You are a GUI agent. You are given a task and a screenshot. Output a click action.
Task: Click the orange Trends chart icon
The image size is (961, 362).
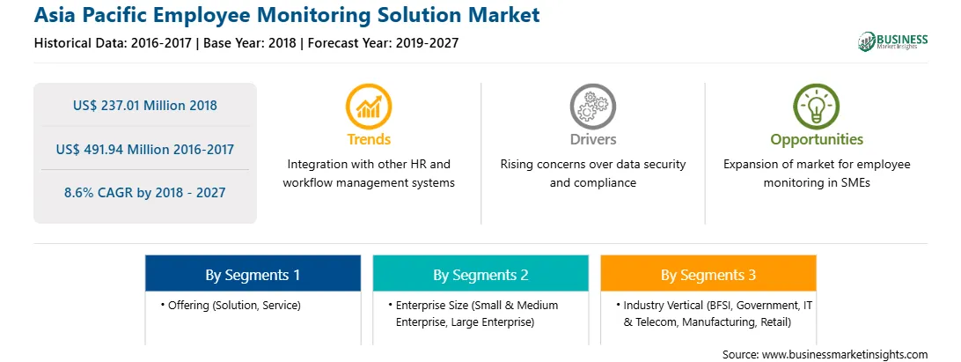[369, 107]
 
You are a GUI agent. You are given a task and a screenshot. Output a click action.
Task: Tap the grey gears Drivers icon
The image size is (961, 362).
[592, 107]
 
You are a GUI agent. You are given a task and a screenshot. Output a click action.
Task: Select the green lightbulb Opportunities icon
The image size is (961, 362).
[817, 107]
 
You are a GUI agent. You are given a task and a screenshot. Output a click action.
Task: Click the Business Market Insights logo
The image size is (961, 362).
[892, 41]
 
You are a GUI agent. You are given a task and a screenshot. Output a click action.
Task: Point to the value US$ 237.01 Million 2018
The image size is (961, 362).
[144, 106]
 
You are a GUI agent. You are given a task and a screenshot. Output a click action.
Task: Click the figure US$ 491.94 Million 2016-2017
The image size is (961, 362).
[144, 149]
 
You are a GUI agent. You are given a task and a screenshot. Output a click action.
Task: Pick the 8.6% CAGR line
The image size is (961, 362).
[144, 193]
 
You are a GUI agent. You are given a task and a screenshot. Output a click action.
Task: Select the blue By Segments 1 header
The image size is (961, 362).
[253, 274]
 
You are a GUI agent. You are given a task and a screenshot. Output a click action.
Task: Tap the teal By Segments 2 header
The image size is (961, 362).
[480, 274]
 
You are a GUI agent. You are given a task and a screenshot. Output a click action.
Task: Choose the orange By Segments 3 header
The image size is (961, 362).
[708, 274]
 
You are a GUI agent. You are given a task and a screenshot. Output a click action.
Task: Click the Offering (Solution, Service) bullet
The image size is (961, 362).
[231, 305]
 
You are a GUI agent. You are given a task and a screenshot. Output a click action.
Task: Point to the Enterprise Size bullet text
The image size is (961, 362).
[473, 314]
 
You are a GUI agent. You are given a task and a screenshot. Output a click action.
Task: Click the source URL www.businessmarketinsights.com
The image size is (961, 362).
[845, 355]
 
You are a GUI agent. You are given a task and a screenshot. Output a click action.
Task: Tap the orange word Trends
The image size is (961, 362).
[369, 140]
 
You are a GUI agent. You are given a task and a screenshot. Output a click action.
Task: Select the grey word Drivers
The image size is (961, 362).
[592, 140]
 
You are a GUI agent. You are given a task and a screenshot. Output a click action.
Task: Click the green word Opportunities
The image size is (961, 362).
[817, 140]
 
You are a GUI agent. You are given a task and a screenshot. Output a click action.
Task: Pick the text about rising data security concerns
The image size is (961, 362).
[592, 174]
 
